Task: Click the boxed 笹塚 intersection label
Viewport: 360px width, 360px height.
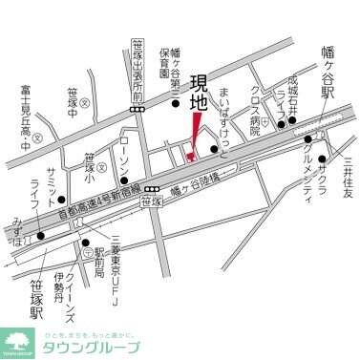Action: [150, 202]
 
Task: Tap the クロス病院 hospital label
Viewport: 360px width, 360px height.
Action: [255, 111]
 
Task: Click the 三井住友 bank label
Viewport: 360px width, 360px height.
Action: [349, 179]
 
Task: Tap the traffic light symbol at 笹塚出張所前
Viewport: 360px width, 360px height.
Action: [138, 110]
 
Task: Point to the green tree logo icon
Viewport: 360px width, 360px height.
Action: [19, 341]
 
